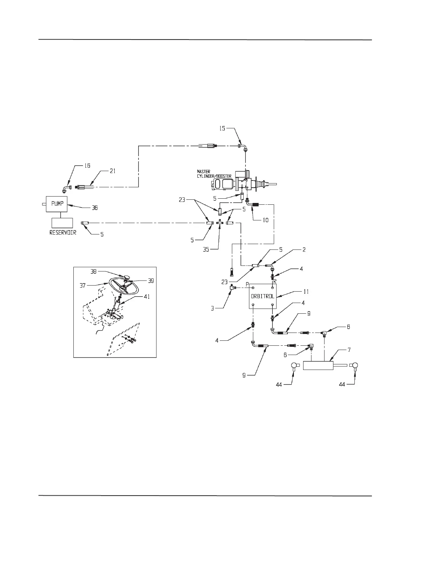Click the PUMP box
pyautogui.click(x=57, y=204)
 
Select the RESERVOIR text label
pyautogui.click(x=63, y=233)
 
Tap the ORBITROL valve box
pyautogui.click(x=263, y=296)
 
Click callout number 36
pyautogui.click(x=95, y=208)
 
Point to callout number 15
pyautogui.click(x=222, y=128)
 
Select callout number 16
pyautogui.click(x=87, y=166)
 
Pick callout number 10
pyautogui.click(x=266, y=220)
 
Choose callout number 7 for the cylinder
pyautogui.click(x=349, y=350)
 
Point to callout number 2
pyautogui.click(x=304, y=250)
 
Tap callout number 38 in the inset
pyautogui.click(x=94, y=271)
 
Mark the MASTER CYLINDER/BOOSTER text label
pyautogui.click(x=214, y=174)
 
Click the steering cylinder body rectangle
pyautogui.click(x=318, y=366)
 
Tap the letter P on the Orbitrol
pyautogui.click(x=248, y=284)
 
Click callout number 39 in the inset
pyautogui.click(x=150, y=281)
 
